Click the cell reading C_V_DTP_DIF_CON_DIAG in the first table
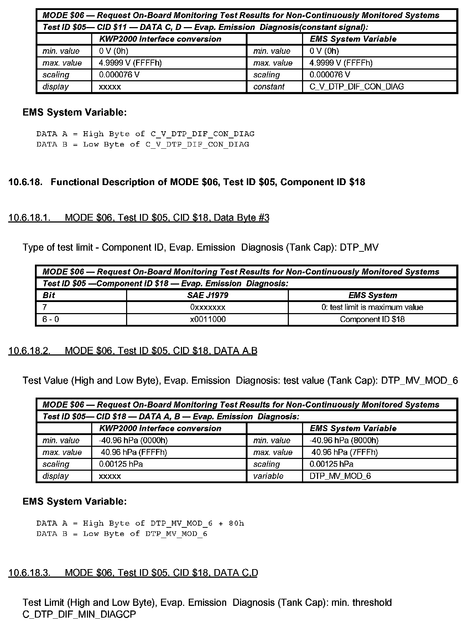pos(357,87)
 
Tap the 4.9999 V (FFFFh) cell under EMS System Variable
pos(341,63)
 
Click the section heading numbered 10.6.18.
pos(187,182)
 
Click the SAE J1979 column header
pos(207,295)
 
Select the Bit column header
pos(49,295)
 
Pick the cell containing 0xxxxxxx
pos(207,307)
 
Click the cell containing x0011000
pos(207,319)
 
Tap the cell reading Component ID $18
pos(372,319)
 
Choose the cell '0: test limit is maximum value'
pos(372,307)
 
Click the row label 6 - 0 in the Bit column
pos(51,319)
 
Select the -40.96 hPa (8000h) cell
pos(344,440)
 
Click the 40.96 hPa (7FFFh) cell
pos(344,453)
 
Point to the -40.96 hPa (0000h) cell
pos(133,440)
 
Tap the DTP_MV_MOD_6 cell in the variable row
pos(340,476)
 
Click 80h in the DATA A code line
pos(236,523)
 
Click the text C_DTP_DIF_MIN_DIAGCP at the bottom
pos(79,614)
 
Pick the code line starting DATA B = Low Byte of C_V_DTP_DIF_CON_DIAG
pos(142,144)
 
